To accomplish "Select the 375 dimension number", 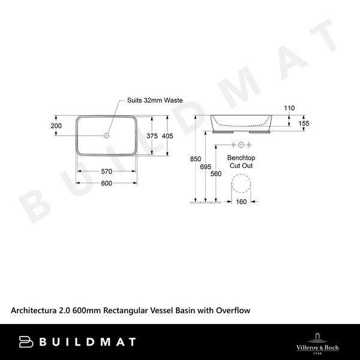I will click(x=152, y=136).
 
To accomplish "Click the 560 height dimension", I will click(x=216, y=173).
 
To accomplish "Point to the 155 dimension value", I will click(x=304, y=123).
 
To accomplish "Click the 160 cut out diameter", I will click(x=241, y=202).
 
